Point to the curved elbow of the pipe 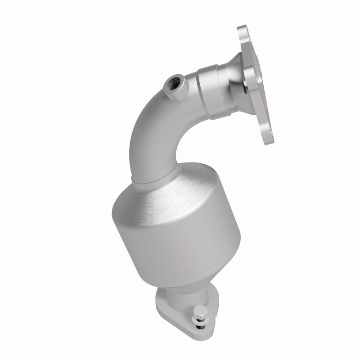[148, 130]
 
